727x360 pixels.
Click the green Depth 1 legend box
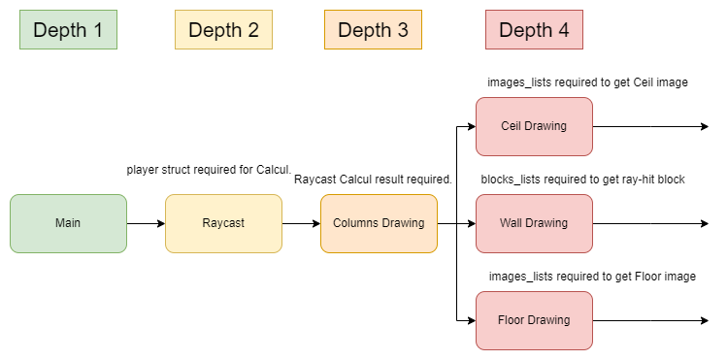click(68, 30)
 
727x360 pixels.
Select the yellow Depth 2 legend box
click(223, 30)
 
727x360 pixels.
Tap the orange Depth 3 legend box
click(373, 30)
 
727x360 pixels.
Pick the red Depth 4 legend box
click(534, 30)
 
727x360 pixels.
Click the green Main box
click(68, 223)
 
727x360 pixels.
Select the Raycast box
click(223, 223)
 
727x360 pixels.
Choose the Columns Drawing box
click(379, 223)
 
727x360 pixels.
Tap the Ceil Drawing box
click(534, 126)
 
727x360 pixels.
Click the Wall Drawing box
click(534, 223)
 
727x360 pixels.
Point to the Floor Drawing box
click(534, 320)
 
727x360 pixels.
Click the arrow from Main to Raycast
click(146, 223)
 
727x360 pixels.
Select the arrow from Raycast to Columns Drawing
click(301, 223)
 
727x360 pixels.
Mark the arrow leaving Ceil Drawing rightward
click(650, 126)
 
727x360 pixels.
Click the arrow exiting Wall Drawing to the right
click(650, 223)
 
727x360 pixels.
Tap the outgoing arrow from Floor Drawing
click(650, 320)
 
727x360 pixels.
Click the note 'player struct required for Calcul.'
click(209, 170)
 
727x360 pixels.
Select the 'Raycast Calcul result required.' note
click(373, 180)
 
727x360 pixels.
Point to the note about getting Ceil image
click(587, 82)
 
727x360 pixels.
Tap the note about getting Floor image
click(592, 277)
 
